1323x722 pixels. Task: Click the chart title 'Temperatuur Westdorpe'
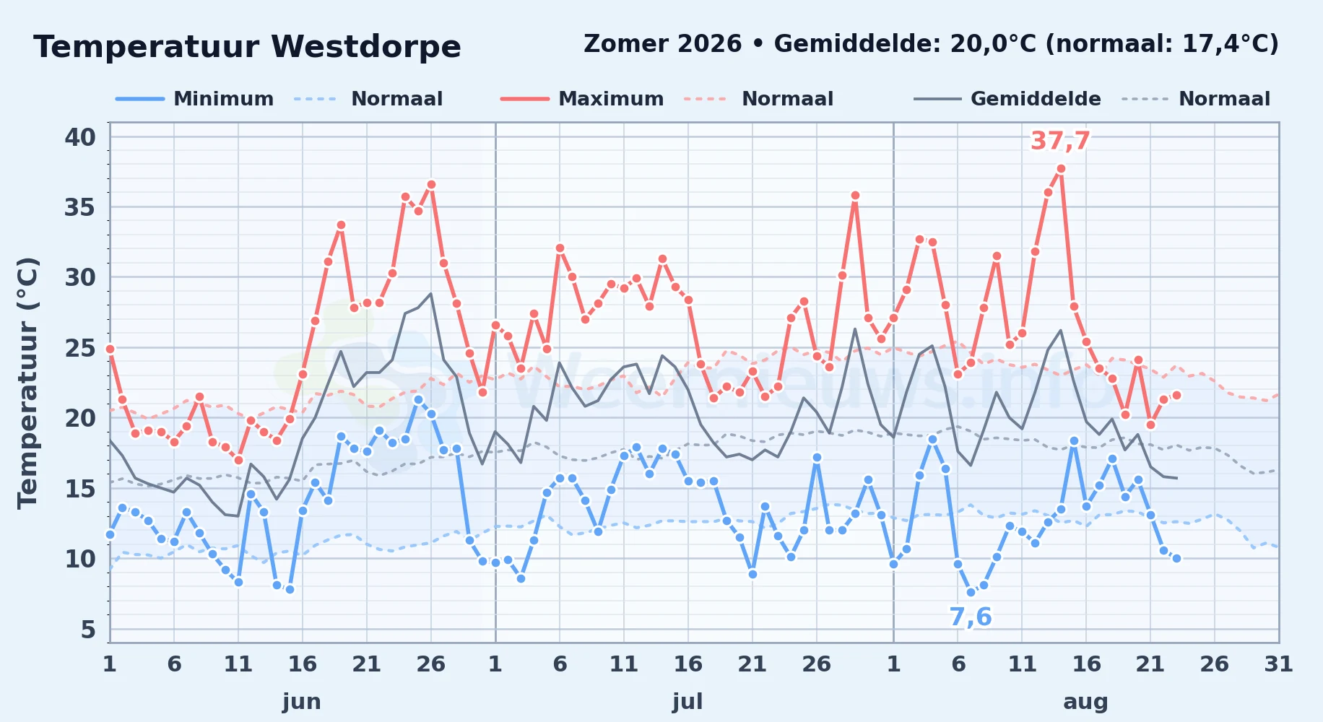click(x=247, y=47)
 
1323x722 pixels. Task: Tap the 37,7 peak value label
click(x=1060, y=141)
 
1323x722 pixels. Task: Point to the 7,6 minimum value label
click(x=970, y=617)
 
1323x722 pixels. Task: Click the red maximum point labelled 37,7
click(x=1061, y=169)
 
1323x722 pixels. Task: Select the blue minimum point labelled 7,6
click(x=971, y=593)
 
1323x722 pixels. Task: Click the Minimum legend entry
click(x=195, y=99)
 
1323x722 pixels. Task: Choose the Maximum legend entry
click(x=582, y=99)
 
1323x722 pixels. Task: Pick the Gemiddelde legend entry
click(x=1007, y=99)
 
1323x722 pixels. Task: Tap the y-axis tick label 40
click(x=80, y=137)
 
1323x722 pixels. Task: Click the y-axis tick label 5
click(x=88, y=630)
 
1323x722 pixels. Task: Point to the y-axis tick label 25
click(x=80, y=348)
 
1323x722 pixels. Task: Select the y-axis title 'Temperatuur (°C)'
click(x=28, y=383)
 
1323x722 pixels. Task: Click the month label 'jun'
click(x=302, y=701)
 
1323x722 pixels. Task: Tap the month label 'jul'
click(x=687, y=701)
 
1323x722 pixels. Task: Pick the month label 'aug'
click(x=1085, y=702)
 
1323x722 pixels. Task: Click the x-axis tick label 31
click(x=1278, y=664)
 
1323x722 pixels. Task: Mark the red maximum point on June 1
click(x=110, y=349)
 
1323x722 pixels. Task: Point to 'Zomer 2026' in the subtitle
click(x=662, y=44)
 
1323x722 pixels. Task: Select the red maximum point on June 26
click(x=431, y=185)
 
